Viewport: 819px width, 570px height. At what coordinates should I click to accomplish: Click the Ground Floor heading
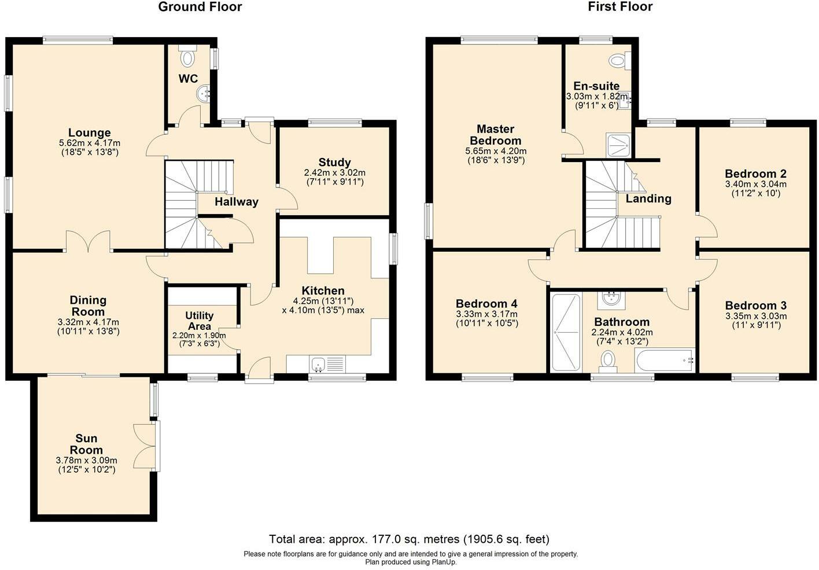pyautogui.click(x=200, y=7)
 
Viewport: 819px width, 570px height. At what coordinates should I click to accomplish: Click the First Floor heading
pyautogui.click(x=620, y=7)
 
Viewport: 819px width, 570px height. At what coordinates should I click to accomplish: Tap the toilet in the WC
pyautogui.click(x=187, y=57)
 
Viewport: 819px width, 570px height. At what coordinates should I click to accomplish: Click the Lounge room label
pyautogui.click(x=89, y=133)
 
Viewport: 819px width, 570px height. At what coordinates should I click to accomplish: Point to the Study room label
pyautogui.click(x=334, y=163)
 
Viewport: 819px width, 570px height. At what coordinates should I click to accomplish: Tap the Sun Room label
pyautogui.click(x=86, y=444)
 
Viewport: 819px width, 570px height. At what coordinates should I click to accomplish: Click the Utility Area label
pyautogui.click(x=199, y=321)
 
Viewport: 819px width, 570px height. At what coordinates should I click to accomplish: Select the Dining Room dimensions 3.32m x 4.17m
pyautogui.click(x=88, y=322)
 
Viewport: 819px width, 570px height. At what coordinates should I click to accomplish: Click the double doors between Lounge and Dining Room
pyautogui.click(x=88, y=242)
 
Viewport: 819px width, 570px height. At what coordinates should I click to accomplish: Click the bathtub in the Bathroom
pyautogui.click(x=664, y=361)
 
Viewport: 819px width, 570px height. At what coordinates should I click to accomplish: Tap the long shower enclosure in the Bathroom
pyautogui.click(x=565, y=332)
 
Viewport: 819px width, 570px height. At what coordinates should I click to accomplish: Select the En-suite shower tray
pyautogui.click(x=619, y=145)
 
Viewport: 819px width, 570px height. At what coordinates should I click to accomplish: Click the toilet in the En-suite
pyautogui.click(x=620, y=60)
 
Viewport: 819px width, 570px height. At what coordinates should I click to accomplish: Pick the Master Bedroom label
pyautogui.click(x=495, y=135)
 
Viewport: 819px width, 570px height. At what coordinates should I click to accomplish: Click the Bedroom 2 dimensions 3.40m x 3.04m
pyautogui.click(x=755, y=185)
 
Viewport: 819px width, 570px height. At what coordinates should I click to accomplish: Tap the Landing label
pyautogui.click(x=648, y=198)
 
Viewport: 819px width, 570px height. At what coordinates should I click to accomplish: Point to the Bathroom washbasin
pyautogui.click(x=609, y=299)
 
